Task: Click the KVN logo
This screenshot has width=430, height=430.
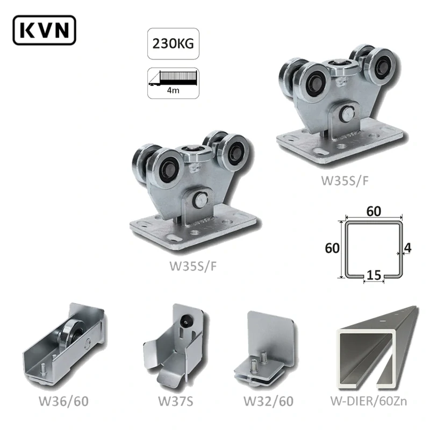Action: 44,30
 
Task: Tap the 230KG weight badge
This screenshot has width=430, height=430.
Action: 173,44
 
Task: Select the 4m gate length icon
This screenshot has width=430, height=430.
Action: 173,83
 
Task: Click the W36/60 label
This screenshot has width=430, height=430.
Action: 63,401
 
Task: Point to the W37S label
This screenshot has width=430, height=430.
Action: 176,401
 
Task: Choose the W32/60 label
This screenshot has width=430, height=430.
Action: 268,401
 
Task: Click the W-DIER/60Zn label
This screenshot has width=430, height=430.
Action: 369,401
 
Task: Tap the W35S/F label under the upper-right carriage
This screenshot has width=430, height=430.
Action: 345,181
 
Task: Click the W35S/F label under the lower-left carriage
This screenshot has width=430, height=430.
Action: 193,266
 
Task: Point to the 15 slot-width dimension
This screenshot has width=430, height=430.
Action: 374,275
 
